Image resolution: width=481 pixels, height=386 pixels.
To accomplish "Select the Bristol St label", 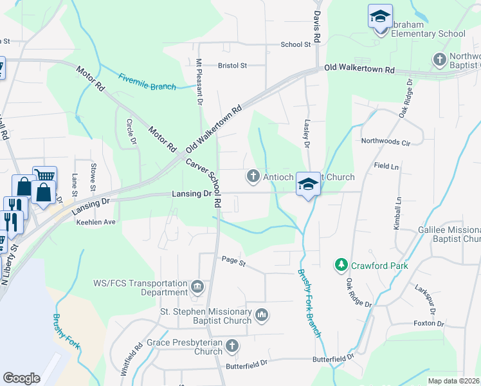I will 232,66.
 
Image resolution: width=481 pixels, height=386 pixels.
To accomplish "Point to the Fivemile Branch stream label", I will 147,82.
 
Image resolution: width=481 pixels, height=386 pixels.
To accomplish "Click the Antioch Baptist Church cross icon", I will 253,176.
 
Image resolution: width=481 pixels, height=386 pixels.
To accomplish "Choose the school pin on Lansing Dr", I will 308,185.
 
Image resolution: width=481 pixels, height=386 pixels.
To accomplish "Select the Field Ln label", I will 386,165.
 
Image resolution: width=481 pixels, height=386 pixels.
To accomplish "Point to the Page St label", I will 233,261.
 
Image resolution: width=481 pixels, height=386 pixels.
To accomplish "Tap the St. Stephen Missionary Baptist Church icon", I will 261,315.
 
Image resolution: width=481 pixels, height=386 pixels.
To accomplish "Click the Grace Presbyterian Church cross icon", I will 232,346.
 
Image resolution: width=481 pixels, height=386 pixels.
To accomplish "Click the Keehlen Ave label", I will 96,222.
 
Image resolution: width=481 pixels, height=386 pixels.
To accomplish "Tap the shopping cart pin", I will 44,176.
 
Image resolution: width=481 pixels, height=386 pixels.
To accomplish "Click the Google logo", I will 21,378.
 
